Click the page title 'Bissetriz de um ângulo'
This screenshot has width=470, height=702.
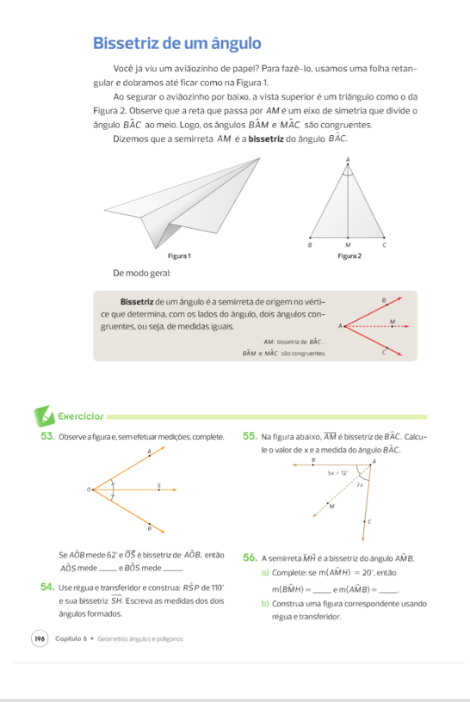click(176, 42)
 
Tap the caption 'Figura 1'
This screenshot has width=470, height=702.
click(178, 256)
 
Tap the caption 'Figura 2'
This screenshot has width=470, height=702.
click(349, 256)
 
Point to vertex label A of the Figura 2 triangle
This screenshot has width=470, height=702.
click(348, 159)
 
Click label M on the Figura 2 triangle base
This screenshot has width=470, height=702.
click(348, 245)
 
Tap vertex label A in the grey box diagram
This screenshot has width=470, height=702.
click(340, 326)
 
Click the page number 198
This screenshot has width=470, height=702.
click(40, 639)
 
